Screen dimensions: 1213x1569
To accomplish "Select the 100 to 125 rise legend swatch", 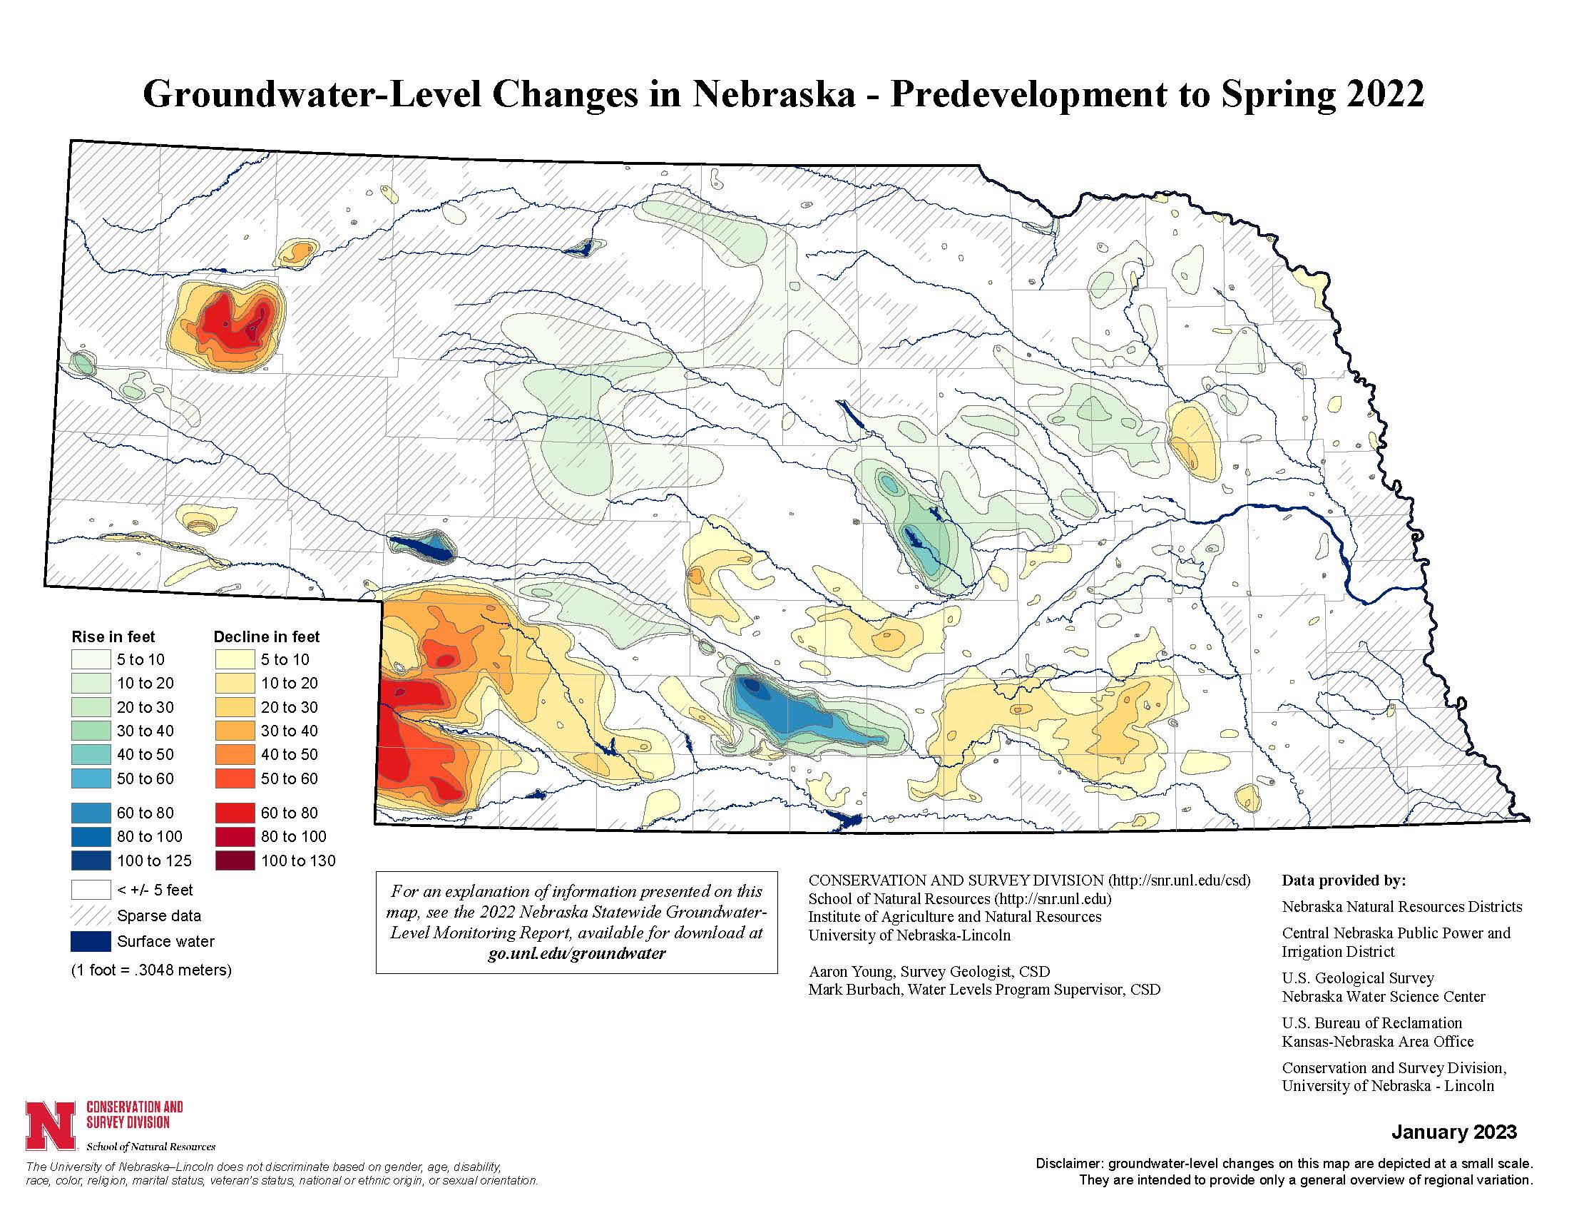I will click(91, 861).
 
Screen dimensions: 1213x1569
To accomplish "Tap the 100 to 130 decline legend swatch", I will click(234, 861).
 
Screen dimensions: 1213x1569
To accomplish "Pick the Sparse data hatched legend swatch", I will click(91, 915).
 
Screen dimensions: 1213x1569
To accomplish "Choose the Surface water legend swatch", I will click(91, 941).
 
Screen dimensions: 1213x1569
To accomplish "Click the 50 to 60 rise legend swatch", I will click(91, 778).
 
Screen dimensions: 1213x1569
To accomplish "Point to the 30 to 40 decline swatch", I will click(234, 731).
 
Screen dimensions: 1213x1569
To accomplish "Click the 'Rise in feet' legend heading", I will click(113, 636).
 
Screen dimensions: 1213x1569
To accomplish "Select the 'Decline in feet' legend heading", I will click(267, 636).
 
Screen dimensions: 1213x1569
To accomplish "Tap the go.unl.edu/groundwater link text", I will click(576, 953).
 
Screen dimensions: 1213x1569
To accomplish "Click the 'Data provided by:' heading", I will click(1344, 880).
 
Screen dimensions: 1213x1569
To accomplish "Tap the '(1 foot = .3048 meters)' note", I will click(151, 970).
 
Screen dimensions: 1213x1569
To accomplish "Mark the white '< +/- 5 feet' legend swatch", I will click(91, 890).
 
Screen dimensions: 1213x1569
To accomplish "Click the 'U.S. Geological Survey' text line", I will click(1358, 978).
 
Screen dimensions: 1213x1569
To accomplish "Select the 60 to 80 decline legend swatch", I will click(234, 813).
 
